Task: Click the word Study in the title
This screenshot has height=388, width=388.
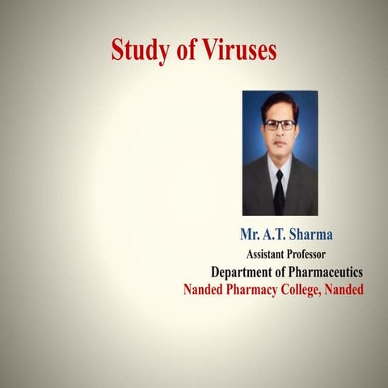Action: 137,51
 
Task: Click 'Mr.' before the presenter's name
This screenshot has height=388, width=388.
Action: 249,234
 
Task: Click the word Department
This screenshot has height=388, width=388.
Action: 245,272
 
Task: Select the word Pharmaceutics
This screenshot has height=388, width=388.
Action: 324,272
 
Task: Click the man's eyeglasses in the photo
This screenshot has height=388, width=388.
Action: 280,124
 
